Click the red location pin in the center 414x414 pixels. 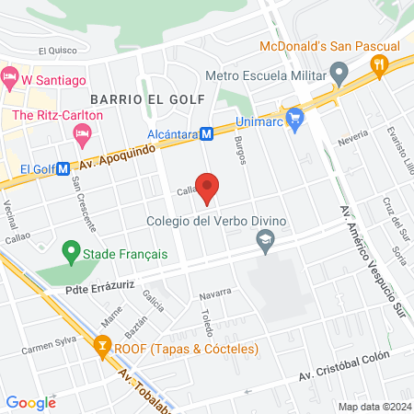pos(208,187)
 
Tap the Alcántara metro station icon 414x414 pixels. pos(207,133)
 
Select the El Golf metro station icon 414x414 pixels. pos(63,169)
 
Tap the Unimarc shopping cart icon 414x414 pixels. pos(294,118)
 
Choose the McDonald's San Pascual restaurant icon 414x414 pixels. pos(379,64)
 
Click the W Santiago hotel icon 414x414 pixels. pos(10,79)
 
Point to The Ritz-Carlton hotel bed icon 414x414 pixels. pos(80,134)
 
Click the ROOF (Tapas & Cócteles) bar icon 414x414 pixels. pos(102,348)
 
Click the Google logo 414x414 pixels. pos(30,402)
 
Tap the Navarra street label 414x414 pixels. pos(214,294)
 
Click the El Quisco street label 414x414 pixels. pos(55,52)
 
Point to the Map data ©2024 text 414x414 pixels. pos(374,406)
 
